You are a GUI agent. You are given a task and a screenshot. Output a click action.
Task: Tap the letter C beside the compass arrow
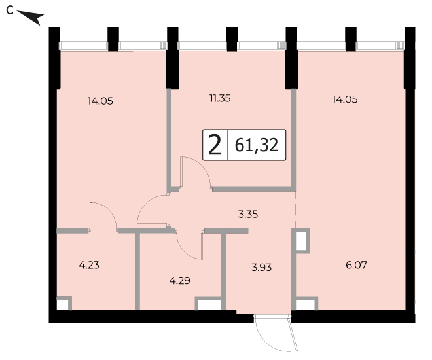pos(10,10)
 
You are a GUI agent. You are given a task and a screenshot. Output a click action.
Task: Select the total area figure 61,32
pos(257,145)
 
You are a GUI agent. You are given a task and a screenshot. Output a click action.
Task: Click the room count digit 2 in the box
pos(215,145)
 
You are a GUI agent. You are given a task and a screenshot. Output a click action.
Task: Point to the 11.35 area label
pos(220,98)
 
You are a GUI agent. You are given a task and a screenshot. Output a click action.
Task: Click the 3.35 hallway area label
pos(248,214)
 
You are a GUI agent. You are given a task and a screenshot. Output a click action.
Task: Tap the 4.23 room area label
pos(89,266)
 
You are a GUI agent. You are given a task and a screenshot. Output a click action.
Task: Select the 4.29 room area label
pos(179,281)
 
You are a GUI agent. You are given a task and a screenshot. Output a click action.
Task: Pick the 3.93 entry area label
pos(261,267)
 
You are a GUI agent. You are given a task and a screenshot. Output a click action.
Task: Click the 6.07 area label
pos(356,265)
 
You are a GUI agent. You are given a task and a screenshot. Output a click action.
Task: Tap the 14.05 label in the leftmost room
pos(100,101)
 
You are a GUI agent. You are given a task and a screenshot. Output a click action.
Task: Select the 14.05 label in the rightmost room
pos(345,99)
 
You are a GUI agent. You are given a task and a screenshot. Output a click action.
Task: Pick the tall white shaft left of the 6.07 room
pos(301,241)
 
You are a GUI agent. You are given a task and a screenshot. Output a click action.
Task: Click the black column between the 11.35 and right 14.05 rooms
pos(291,58)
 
